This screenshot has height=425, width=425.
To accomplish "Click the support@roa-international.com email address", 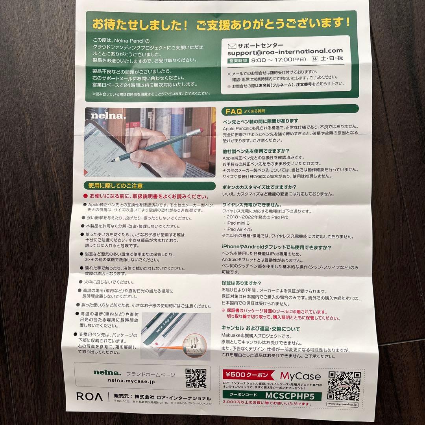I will (285, 51).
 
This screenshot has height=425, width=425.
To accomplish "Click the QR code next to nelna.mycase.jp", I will (196, 378).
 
